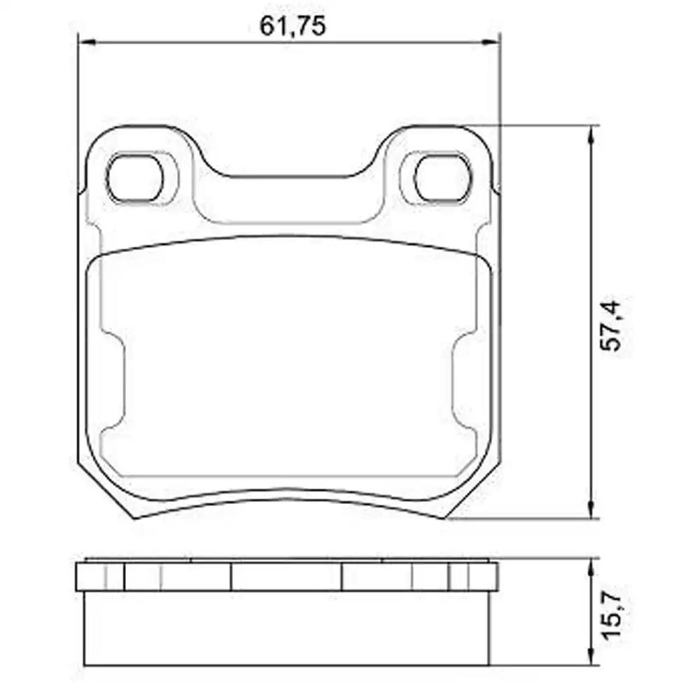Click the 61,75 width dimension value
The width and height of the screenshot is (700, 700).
pyautogui.click(x=293, y=26)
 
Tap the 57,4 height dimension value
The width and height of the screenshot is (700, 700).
pyautogui.click(x=610, y=325)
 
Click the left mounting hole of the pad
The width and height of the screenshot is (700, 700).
pyautogui.click(x=135, y=177)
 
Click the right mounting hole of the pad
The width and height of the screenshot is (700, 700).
pyautogui.click(x=442, y=177)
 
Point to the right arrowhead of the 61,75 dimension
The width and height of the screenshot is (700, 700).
pyautogui.click(x=491, y=43)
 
